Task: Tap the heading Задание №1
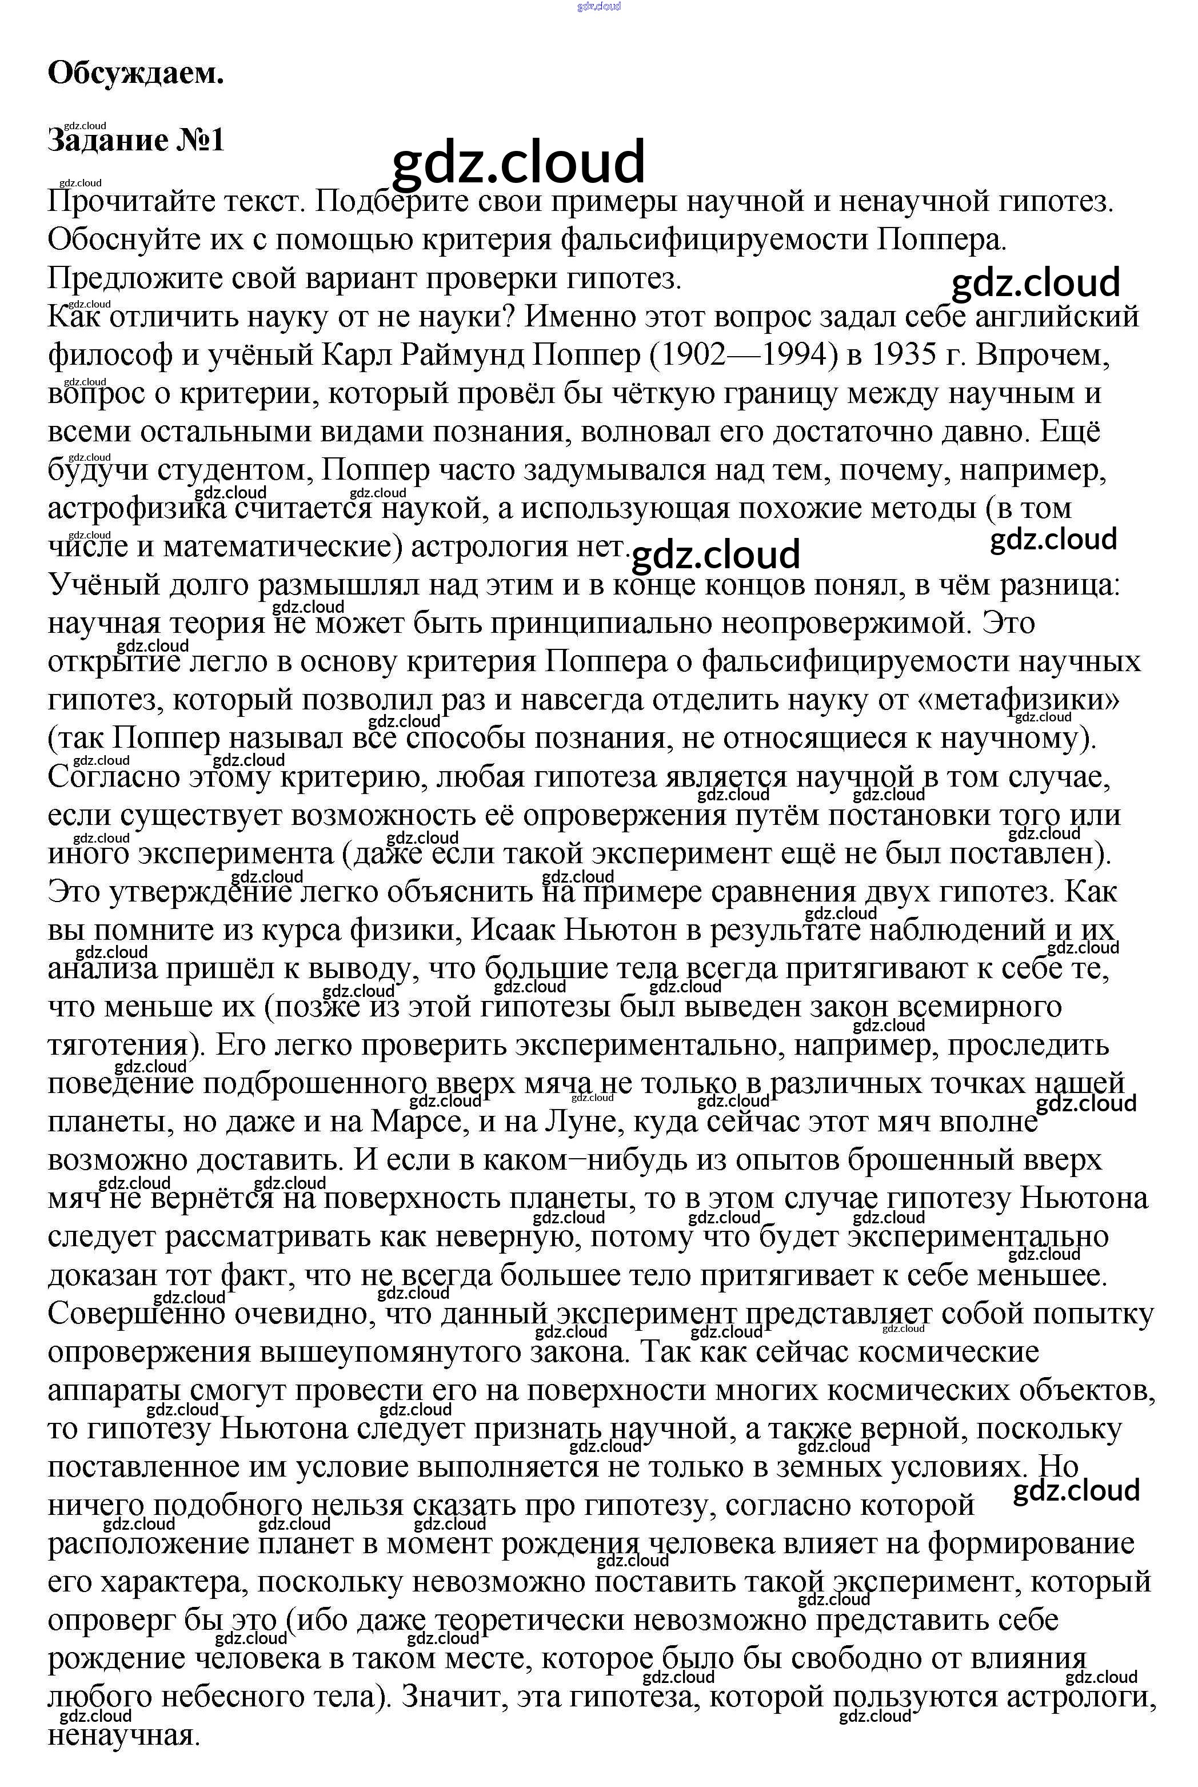pyautogui.click(x=136, y=141)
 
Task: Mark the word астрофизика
pyautogui.click(x=138, y=509)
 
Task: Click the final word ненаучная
pyautogui.click(x=124, y=1735)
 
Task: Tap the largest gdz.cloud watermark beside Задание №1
pyautogui.click(x=518, y=162)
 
